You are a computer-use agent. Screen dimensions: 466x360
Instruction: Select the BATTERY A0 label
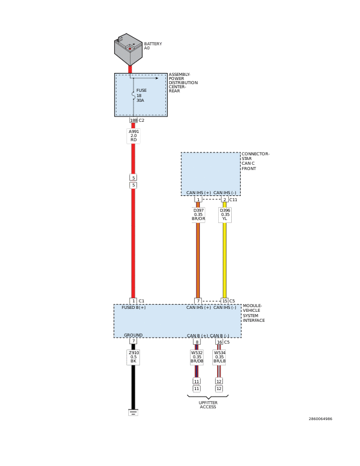(x=152, y=46)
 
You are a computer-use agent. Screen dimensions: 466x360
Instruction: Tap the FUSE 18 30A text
(x=141, y=95)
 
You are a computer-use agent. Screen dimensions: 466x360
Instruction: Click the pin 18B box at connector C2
(x=134, y=120)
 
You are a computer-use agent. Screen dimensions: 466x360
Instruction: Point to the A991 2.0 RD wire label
(x=134, y=136)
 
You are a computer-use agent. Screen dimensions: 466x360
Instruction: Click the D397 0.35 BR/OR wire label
(x=199, y=215)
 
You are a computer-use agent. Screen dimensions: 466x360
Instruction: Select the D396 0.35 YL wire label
(x=225, y=215)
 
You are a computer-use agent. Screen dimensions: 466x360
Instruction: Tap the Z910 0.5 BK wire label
(x=134, y=357)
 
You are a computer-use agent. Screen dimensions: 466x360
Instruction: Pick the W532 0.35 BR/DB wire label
(x=197, y=357)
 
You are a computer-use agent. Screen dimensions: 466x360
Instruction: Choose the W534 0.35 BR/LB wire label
(x=219, y=357)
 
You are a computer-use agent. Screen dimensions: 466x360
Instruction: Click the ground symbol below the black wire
(x=134, y=412)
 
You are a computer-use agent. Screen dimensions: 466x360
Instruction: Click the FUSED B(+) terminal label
(x=134, y=308)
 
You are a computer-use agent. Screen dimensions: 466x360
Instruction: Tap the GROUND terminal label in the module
(x=133, y=335)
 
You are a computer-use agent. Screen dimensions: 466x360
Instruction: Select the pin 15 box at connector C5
(x=224, y=301)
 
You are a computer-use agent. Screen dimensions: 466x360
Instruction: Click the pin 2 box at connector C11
(x=224, y=199)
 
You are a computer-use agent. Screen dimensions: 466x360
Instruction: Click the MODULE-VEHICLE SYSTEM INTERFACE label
(x=254, y=313)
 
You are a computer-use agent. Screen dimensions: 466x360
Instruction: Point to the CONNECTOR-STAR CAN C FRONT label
(x=255, y=161)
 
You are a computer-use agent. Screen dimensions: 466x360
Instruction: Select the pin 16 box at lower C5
(x=219, y=341)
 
